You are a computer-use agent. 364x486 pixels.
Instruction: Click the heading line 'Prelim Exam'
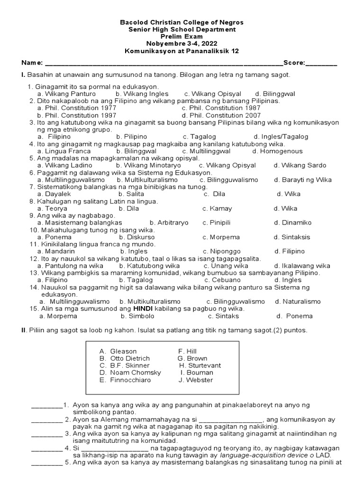pyautogui.click(x=182, y=37)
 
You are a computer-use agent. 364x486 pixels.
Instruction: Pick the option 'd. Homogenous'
pyautogui.click(x=277, y=151)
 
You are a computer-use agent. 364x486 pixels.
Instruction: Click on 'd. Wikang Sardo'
pyautogui.click(x=300, y=166)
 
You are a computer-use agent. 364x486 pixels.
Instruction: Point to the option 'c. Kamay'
pyautogui.click(x=217, y=208)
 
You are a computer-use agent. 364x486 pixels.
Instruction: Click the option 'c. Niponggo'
pyautogui.click(x=221, y=251)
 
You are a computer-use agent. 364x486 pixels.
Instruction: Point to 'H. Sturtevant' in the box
pyautogui.click(x=200, y=365)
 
